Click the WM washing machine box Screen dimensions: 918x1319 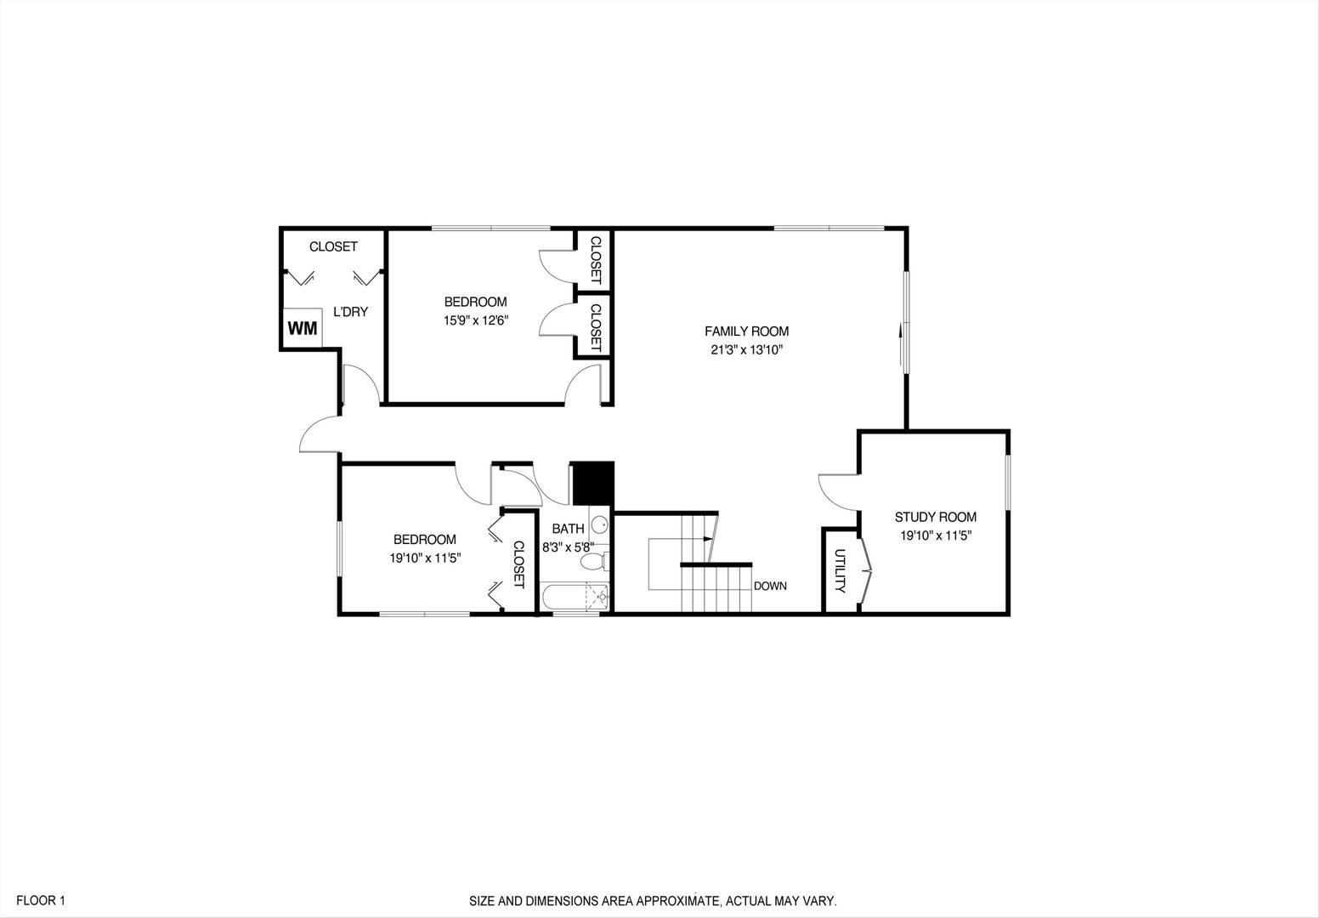tap(302, 329)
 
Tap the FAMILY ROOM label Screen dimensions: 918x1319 tap(746, 331)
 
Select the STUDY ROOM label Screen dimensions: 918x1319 tap(935, 517)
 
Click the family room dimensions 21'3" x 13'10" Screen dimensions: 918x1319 tap(746, 349)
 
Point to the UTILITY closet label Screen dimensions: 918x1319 tap(840, 570)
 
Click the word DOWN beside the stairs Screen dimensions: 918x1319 tap(770, 586)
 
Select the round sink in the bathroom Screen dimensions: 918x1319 tap(598, 524)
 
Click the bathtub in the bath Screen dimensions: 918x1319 tap(575, 598)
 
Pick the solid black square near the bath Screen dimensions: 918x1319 tap(592, 484)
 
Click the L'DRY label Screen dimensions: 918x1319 tap(350, 312)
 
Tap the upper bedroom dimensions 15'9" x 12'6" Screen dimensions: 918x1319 tap(475, 320)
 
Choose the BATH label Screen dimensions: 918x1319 tap(568, 529)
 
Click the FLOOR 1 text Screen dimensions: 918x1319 tap(40, 900)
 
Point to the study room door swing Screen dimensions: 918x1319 tap(837, 490)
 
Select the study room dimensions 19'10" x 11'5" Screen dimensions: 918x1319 tap(935, 535)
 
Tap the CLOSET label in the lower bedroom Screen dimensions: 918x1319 tap(519, 564)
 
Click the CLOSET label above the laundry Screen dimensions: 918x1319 tap(333, 246)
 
